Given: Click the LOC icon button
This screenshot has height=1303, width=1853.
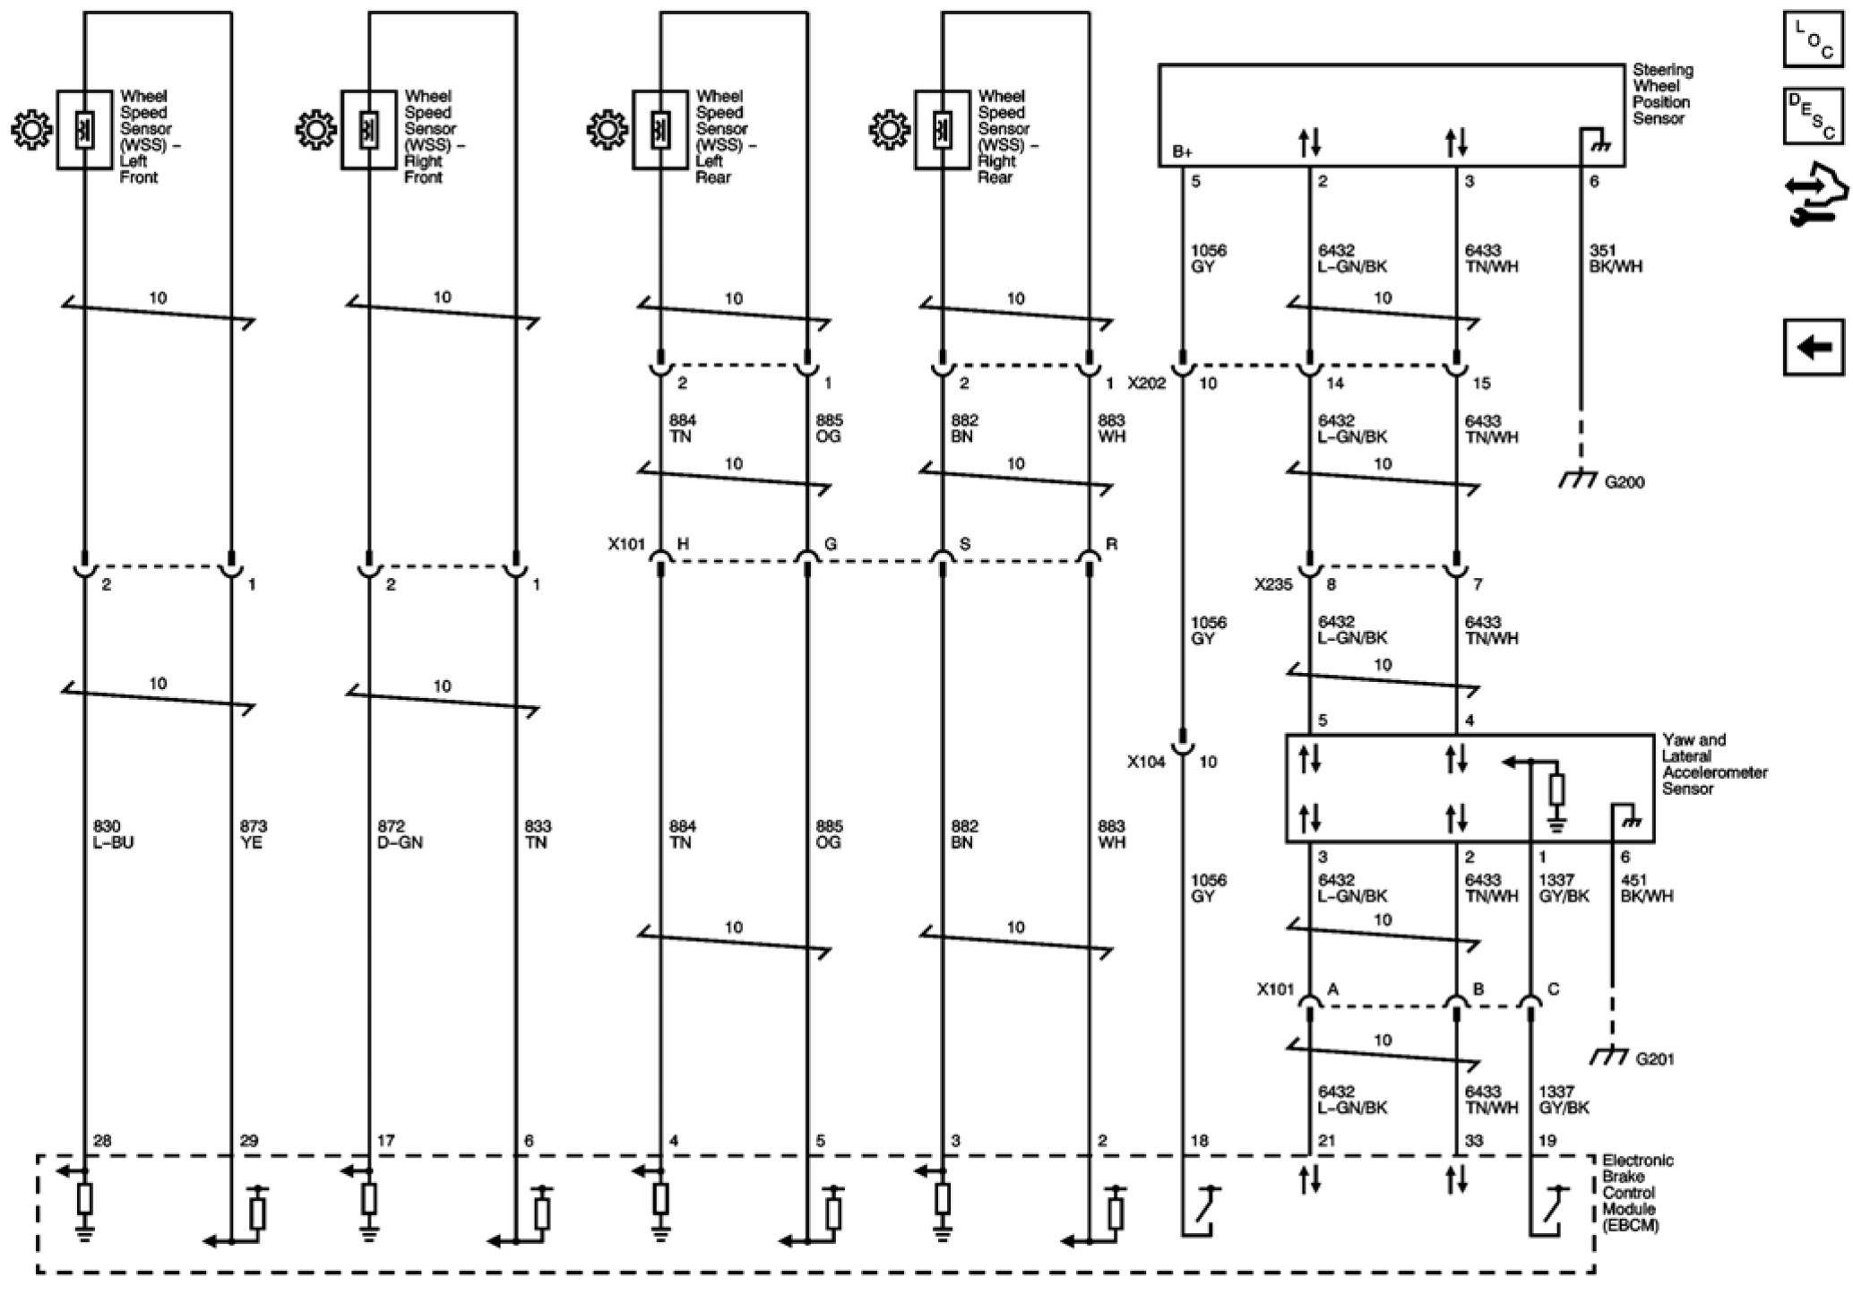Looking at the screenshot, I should (1813, 39).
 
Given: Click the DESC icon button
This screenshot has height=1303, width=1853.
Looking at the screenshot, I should (1813, 116).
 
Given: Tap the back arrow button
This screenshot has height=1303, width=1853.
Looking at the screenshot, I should (1813, 347).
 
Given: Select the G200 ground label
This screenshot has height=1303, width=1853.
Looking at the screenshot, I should (1624, 483).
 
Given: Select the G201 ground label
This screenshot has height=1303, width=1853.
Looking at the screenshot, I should (1654, 1059).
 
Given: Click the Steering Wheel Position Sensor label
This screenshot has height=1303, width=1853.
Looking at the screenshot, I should (1662, 93).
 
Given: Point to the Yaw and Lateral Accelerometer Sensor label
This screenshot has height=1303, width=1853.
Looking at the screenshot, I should (1713, 764).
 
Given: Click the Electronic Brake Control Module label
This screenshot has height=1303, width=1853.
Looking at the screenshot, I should (1637, 1192).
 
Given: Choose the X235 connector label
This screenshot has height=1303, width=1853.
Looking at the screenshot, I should (1273, 585).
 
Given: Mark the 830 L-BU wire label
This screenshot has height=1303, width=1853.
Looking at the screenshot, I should (113, 834).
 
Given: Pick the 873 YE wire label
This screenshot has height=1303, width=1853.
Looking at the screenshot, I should (253, 834).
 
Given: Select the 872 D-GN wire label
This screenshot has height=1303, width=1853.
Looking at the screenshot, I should (400, 834).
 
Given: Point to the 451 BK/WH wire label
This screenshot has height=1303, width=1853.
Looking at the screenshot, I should (1646, 888).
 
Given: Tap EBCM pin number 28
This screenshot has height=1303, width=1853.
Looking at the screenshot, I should (102, 1141).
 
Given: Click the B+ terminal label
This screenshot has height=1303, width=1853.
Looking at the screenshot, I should (1182, 152).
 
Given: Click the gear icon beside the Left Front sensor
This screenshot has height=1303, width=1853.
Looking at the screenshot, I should (32, 131).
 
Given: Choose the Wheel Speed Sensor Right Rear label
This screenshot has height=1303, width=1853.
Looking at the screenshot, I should (1006, 136).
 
